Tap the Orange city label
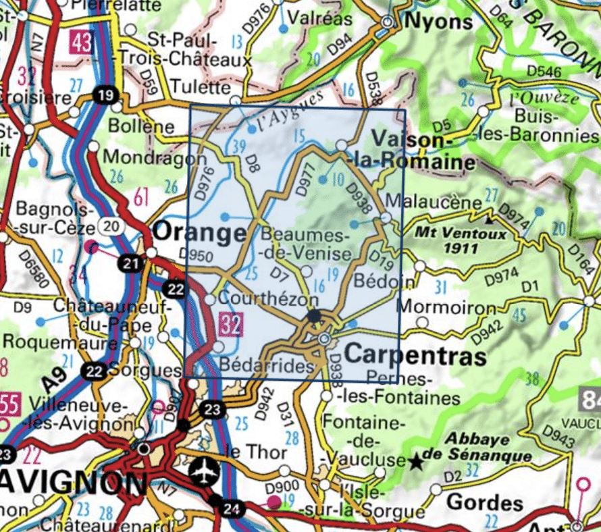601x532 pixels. (x=199, y=233)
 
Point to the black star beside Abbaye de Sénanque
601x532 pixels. (x=417, y=462)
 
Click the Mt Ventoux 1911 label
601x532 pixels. (x=456, y=242)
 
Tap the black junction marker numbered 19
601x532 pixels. (x=104, y=97)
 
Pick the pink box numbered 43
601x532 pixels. (x=81, y=45)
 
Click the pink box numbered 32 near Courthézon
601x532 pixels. (x=231, y=326)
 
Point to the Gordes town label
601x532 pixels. (x=485, y=502)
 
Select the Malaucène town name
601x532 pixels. (x=435, y=202)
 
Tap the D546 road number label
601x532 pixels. (x=544, y=71)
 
